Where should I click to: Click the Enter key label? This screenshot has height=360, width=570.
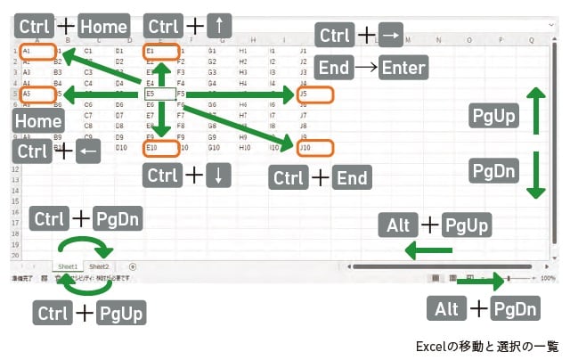click(x=403, y=68)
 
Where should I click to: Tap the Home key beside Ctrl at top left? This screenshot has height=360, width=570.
click(x=103, y=26)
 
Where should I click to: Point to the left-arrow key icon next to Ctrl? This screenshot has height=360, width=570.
click(x=86, y=151)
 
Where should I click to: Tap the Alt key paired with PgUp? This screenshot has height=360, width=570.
click(x=397, y=225)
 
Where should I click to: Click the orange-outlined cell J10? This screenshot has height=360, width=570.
click(x=317, y=148)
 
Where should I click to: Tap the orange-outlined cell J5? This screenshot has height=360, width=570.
click(x=316, y=94)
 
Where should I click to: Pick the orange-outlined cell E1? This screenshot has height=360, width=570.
click(x=161, y=52)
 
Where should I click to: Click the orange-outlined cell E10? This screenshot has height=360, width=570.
click(x=161, y=148)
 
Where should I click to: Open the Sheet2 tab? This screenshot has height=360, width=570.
click(x=99, y=266)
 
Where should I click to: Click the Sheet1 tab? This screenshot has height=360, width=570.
click(x=68, y=266)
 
